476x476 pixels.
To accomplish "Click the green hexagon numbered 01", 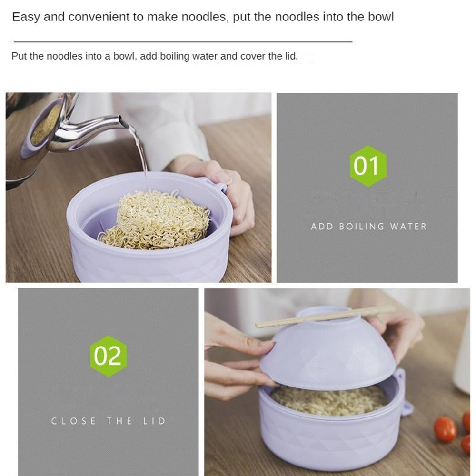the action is pos(367,166).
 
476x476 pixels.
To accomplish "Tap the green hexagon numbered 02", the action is pos(109,356).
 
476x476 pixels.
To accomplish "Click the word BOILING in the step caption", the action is pos(361,227).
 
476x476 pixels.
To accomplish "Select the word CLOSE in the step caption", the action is pos(73,421).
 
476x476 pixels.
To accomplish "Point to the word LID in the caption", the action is pos(154,421).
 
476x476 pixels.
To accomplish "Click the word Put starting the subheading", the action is pos(19,56).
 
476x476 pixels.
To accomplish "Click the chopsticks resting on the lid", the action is pos(325,317).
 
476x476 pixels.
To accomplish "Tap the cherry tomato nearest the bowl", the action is pos(445,429).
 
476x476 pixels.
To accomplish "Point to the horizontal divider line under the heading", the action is pos(183,41).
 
